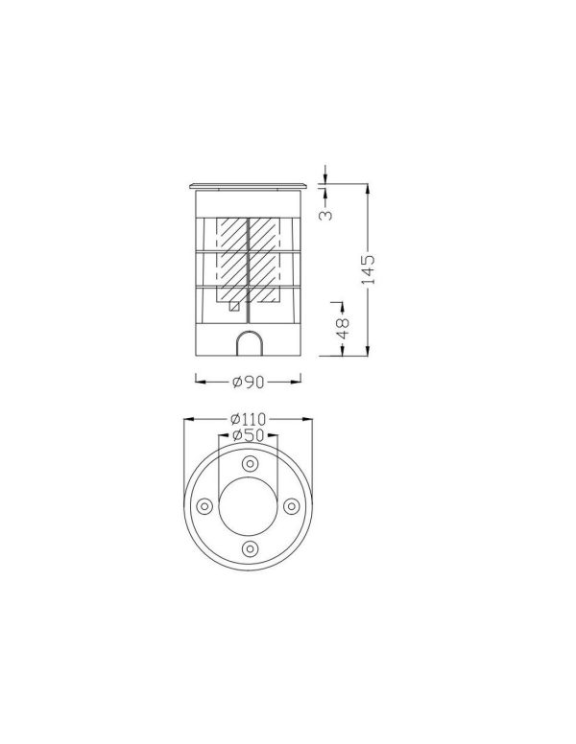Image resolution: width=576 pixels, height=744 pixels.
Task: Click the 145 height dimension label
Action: click(x=369, y=269)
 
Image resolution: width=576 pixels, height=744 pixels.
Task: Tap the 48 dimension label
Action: click(x=343, y=327)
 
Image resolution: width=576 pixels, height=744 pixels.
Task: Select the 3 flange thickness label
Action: click(x=325, y=215)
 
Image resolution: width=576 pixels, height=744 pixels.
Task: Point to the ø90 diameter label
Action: click(x=248, y=382)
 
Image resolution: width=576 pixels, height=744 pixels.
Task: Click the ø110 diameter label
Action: click(x=248, y=419)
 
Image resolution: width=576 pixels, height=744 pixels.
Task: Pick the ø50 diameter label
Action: click(x=248, y=434)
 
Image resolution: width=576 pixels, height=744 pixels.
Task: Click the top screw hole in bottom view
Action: click(x=250, y=463)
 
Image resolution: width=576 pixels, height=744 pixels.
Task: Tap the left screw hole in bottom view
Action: click(x=204, y=506)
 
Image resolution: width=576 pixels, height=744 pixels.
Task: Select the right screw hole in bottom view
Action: click(x=291, y=506)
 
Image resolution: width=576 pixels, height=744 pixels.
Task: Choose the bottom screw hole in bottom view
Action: click(x=250, y=549)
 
